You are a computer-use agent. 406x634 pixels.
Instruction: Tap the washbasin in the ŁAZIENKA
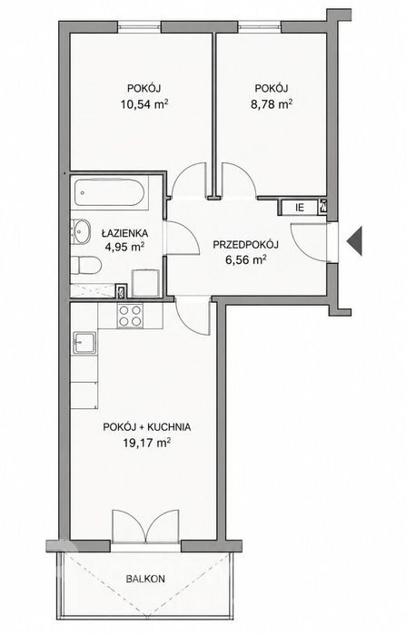tap(81, 231)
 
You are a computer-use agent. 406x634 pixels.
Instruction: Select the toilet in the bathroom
tap(85, 265)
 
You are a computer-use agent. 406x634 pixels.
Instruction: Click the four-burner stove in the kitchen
tap(130, 316)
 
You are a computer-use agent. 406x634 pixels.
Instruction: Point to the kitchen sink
tap(84, 343)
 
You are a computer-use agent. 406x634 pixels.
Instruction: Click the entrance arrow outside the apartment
tap(354, 241)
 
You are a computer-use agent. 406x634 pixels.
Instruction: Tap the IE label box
tap(300, 208)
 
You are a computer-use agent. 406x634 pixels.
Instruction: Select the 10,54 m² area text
tap(144, 104)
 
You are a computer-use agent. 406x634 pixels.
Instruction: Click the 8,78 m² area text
tap(272, 104)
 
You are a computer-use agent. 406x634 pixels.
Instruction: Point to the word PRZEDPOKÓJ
tap(245, 245)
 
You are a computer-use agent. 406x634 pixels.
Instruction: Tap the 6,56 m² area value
tap(245, 260)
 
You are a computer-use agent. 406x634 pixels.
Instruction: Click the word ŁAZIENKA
tap(124, 233)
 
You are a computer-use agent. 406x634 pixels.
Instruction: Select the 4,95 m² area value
tap(124, 247)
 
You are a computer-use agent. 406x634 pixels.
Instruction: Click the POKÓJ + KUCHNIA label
tap(146, 427)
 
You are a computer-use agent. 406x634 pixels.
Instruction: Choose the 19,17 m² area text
tap(146, 444)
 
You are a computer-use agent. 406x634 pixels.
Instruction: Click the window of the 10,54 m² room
tap(139, 26)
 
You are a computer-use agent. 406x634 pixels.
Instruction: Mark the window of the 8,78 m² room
tap(260, 26)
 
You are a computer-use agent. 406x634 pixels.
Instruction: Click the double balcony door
tap(145, 526)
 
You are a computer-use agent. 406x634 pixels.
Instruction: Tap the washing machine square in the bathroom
tap(144, 283)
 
